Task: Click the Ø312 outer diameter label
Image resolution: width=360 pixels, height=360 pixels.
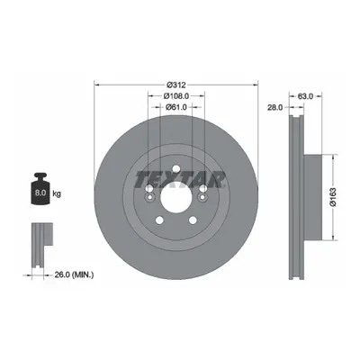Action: coord(176,85)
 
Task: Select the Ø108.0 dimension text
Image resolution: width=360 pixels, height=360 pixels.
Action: coord(176,96)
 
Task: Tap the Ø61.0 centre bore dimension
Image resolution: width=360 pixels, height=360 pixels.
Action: coord(176,106)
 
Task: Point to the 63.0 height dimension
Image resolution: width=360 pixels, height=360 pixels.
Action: coord(305,96)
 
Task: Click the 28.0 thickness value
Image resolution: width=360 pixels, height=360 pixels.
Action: coord(275,107)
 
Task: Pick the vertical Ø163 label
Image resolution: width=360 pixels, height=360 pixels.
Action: coord(333,197)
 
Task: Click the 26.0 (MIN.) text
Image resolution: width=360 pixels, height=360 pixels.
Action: coord(74,274)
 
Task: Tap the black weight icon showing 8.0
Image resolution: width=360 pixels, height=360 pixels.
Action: coord(40,189)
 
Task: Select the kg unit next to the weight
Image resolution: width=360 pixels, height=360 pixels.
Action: coord(57,193)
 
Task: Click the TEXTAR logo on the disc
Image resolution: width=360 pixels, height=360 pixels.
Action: coord(180,179)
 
